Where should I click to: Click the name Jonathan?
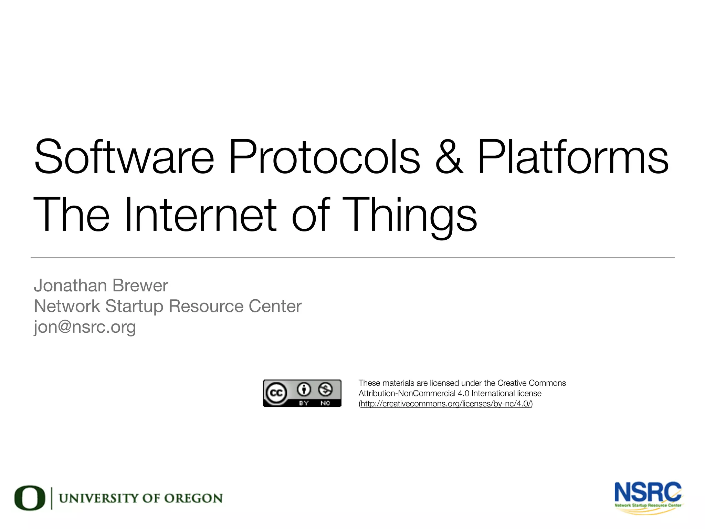click(70, 286)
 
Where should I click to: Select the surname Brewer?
click(140, 286)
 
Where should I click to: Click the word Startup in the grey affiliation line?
click(134, 306)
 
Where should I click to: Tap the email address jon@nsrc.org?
click(85, 327)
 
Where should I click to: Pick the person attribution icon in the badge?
click(304, 390)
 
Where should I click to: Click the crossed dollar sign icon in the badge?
click(325, 390)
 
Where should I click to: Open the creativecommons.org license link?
click(446, 404)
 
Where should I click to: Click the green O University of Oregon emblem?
click(30, 498)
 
